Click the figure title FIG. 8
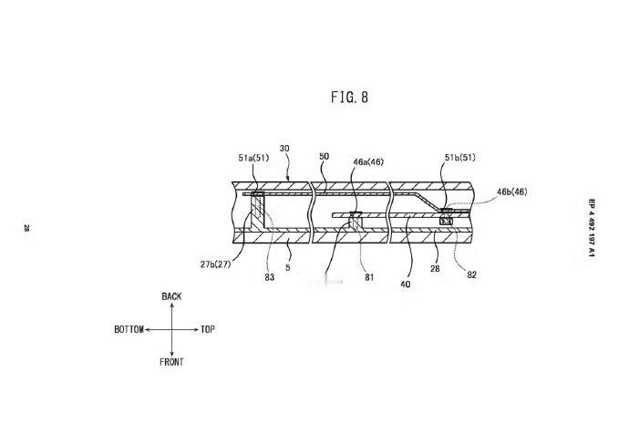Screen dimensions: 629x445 pos(349,97)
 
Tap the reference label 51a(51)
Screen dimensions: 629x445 pos(253,158)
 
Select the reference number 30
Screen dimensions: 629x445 pos(284,149)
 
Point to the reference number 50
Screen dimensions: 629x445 pos(325,156)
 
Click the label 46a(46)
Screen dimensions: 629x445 pos(368,161)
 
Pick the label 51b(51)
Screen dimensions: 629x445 pos(460,157)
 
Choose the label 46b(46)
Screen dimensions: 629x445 pos(512,191)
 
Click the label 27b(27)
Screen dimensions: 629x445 pos(215,264)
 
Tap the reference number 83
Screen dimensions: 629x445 pos(270,277)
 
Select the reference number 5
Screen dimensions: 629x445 pos(288,267)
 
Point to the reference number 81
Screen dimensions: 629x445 pos(369,277)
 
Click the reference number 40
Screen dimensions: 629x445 pos(406,285)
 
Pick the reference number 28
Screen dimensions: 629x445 pos(435,268)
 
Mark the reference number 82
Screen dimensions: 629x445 pos(472,274)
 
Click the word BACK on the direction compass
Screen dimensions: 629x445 pos(171,296)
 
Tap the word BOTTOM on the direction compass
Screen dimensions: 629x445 pos(129,329)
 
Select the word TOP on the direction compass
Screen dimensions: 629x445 pos(208,329)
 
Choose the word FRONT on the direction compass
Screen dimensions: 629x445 pos(171,362)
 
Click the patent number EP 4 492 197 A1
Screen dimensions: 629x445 pos(593,228)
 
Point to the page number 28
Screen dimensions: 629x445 pos(26,228)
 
